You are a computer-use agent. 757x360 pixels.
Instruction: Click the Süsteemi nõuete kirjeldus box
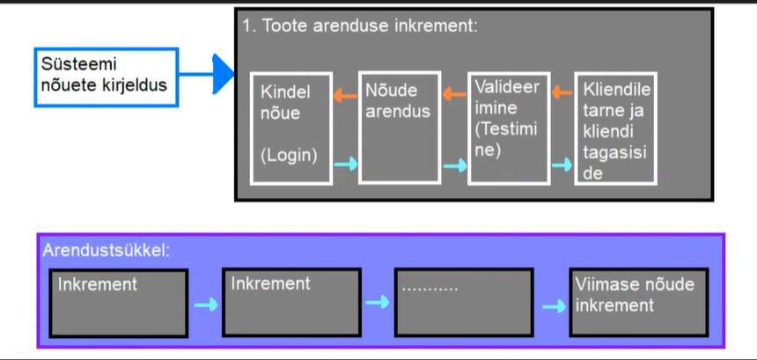click(x=106, y=77)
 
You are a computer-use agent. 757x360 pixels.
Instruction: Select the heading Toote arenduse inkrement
click(x=360, y=26)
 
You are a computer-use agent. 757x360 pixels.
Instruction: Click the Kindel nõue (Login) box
click(x=291, y=128)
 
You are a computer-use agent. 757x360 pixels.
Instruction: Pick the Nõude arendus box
click(x=399, y=128)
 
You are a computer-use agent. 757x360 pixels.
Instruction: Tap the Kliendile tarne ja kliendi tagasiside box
click(x=615, y=129)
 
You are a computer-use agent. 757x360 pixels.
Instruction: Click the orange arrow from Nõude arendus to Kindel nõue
click(x=345, y=93)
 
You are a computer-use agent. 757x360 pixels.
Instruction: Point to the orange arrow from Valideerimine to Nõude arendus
click(x=453, y=92)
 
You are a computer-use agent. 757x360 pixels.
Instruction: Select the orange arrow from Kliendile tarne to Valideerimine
click(x=561, y=92)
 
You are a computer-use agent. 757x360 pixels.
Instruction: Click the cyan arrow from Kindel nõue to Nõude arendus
click(x=346, y=163)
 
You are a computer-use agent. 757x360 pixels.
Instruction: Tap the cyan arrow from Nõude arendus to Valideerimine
click(x=454, y=165)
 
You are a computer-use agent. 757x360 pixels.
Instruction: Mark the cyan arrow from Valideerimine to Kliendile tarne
click(x=562, y=164)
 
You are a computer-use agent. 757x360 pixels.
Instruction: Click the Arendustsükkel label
click(x=106, y=251)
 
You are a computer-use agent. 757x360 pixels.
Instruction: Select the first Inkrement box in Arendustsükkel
click(x=118, y=302)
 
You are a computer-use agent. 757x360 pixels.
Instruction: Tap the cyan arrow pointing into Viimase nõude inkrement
click(x=554, y=306)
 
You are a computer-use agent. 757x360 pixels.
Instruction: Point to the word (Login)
click(x=288, y=155)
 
